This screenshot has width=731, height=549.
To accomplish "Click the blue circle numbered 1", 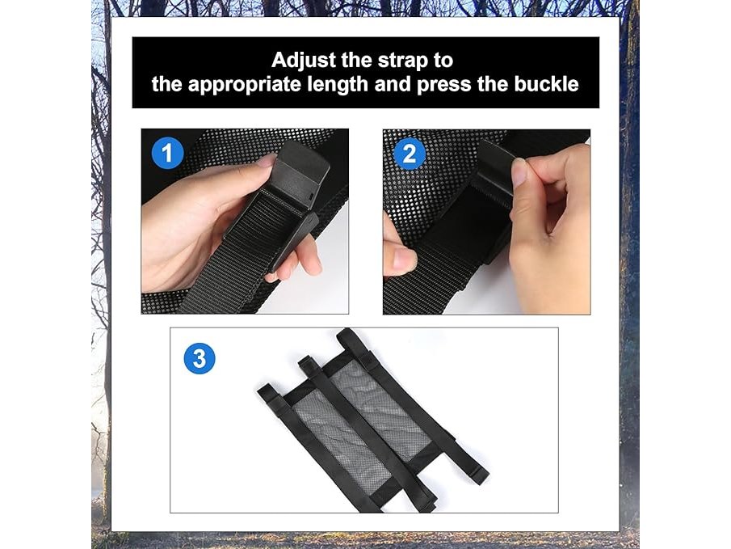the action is tap(167, 153).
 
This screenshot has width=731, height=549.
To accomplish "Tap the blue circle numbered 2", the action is tap(410, 154).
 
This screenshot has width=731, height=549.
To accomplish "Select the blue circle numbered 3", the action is tap(200, 358).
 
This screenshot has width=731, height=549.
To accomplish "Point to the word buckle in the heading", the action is tap(546, 84).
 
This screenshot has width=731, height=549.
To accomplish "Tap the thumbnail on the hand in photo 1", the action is tap(267, 162).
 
